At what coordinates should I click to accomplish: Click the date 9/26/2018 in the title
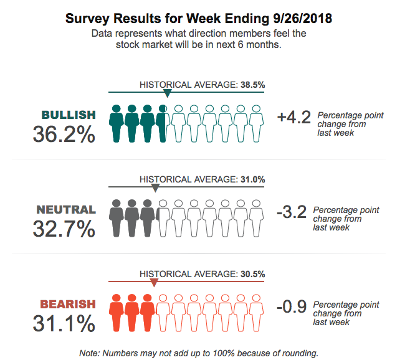pyautogui.click(x=297, y=19)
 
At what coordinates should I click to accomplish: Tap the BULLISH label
pyautogui.click(x=69, y=115)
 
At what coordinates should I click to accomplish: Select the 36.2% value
pyautogui.click(x=64, y=133)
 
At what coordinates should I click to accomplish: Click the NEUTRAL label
pyautogui.click(x=66, y=209)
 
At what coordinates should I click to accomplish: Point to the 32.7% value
pyautogui.click(x=64, y=229)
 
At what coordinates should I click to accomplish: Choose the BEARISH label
pyautogui.click(x=68, y=305)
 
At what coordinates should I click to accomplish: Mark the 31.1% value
pyautogui.click(x=64, y=323)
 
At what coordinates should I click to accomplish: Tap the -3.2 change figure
pyautogui.click(x=291, y=212)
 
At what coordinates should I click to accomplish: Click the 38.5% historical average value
pyautogui.click(x=252, y=85)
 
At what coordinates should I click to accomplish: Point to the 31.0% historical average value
pyautogui.click(x=252, y=179)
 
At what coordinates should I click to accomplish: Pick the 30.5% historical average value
pyautogui.click(x=252, y=274)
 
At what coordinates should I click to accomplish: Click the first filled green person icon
pyautogui.click(x=117, y=123)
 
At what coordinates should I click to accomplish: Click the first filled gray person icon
pyautogui.click(x=117, y=217)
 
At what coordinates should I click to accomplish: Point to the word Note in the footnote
pyautogui.click(x=90, y=353)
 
